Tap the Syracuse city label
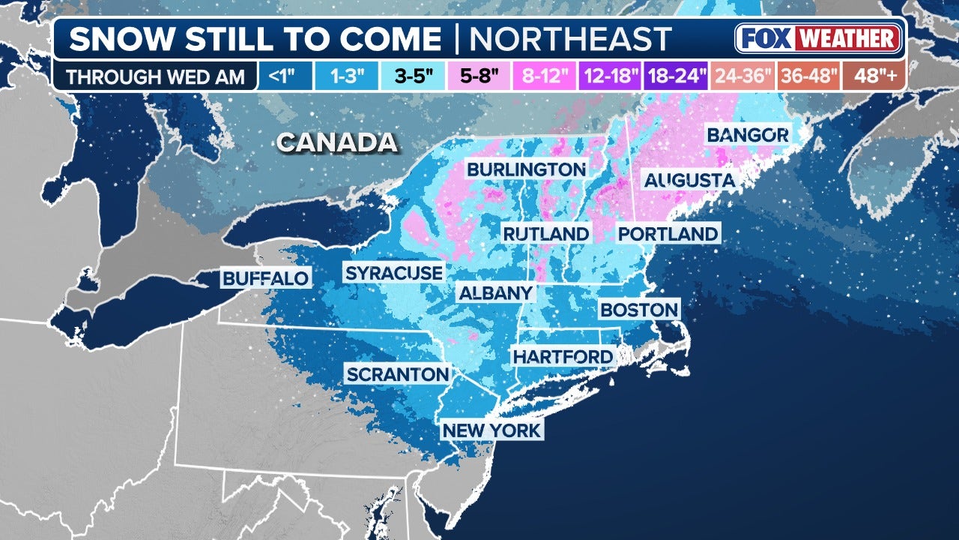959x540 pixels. [393, 273]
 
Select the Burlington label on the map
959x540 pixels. [526, 169]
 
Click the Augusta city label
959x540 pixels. [689, 181]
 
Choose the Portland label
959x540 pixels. [668, 234]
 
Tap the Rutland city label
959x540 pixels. [545, 234]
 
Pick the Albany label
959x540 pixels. [495, 293]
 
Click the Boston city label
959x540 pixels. [639, 309]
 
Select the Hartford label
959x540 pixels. [563, 357]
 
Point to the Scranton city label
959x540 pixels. [397, 374]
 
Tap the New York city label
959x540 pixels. [491, 430]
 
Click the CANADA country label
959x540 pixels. [336, 142]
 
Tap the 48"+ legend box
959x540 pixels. [874, 76]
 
